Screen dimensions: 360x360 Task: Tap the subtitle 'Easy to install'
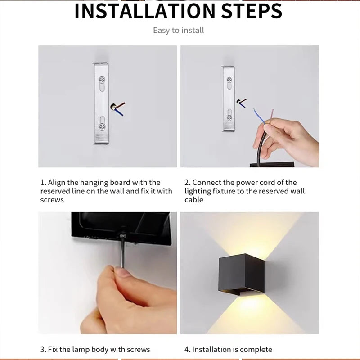click(x=178, y=30)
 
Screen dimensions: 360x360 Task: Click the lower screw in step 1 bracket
click(x=103, y=122)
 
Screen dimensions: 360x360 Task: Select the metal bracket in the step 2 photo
click(x=229, y=98)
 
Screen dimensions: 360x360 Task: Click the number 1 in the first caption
click(x=43, y=183)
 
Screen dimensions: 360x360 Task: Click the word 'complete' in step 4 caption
click(x=256, y=349)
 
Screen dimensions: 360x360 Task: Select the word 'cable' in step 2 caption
click(x=194, y=199)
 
